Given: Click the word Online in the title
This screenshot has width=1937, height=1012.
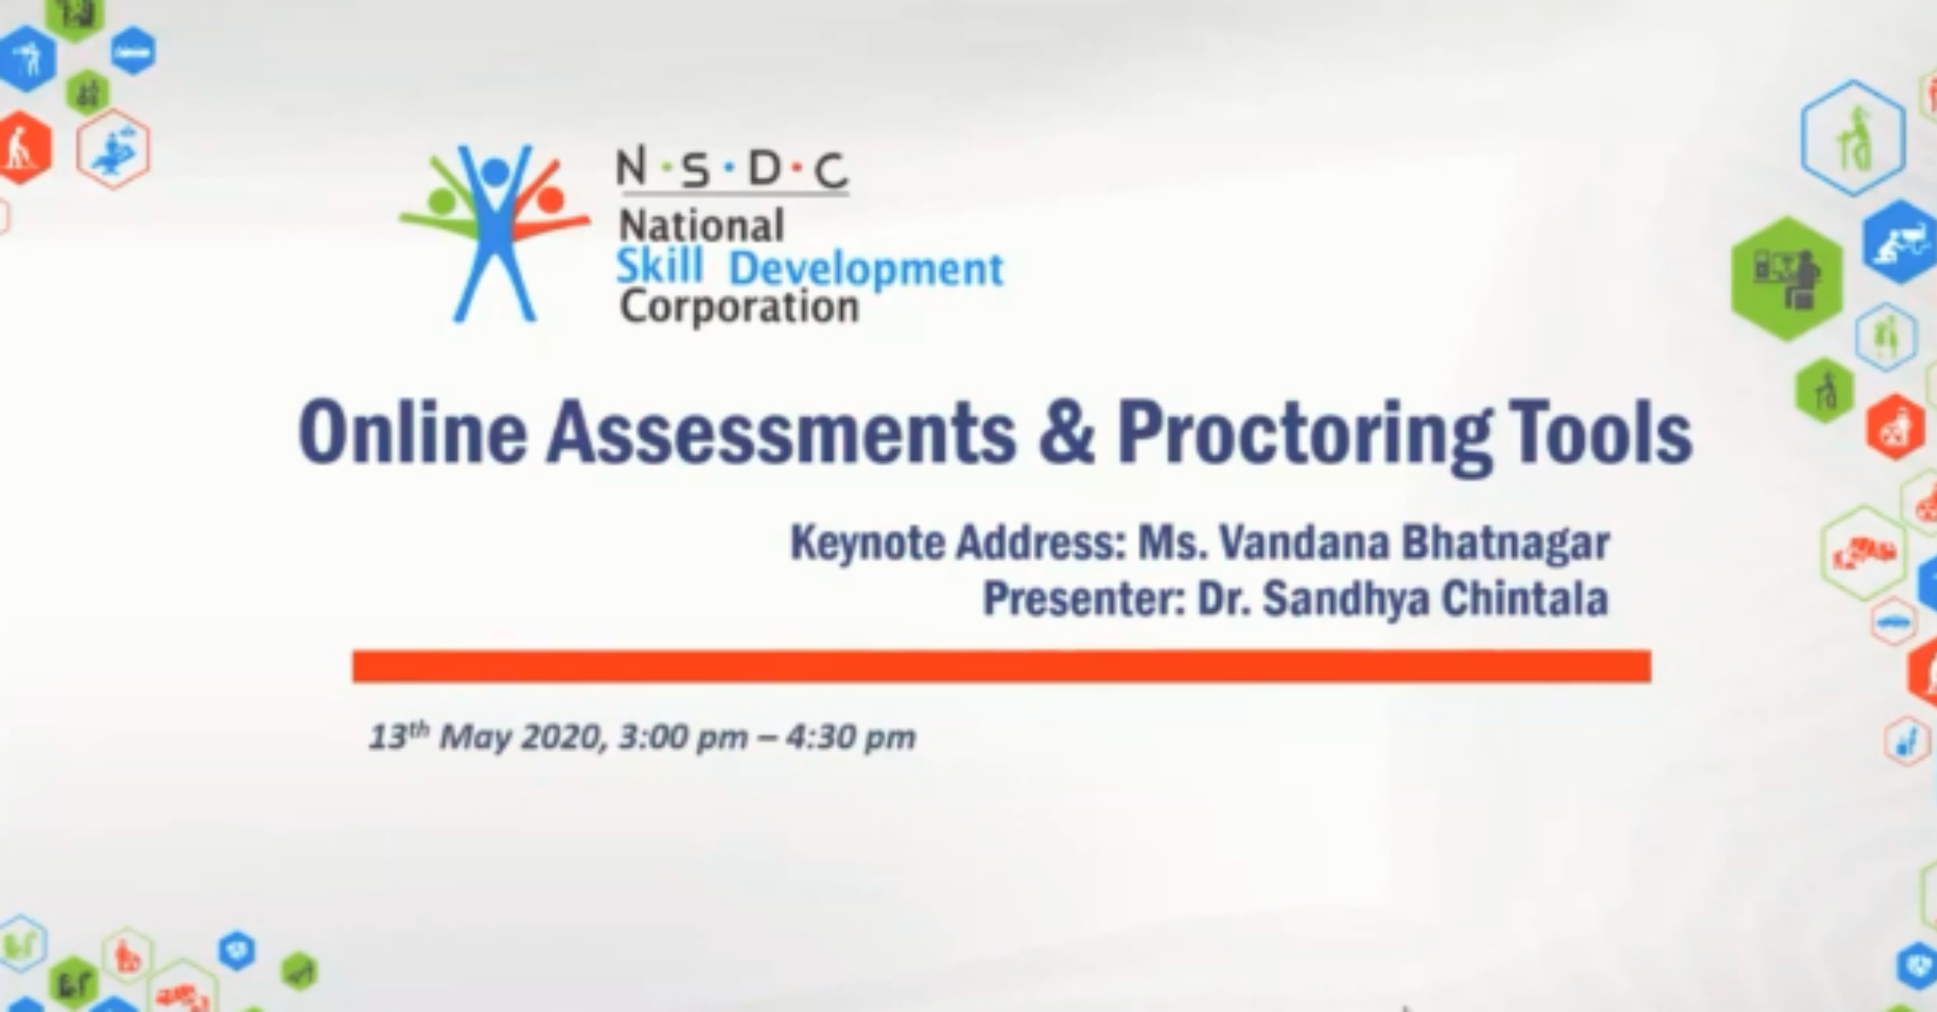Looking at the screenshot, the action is tap(412, 433).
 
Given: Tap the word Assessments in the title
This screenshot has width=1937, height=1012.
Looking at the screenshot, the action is tap(781, 433).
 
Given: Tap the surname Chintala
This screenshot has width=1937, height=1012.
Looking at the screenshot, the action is tap(1525, 599).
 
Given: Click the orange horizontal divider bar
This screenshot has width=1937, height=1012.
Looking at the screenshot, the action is tap(1002, 666).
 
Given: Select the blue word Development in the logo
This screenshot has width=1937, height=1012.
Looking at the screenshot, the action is tap(866, 270).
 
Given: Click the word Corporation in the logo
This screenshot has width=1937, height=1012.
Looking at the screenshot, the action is tap(740, 308).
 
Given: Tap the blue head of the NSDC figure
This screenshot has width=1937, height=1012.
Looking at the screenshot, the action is tap(495, 171).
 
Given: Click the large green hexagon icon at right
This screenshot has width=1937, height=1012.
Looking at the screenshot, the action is tap(1788, 279).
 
